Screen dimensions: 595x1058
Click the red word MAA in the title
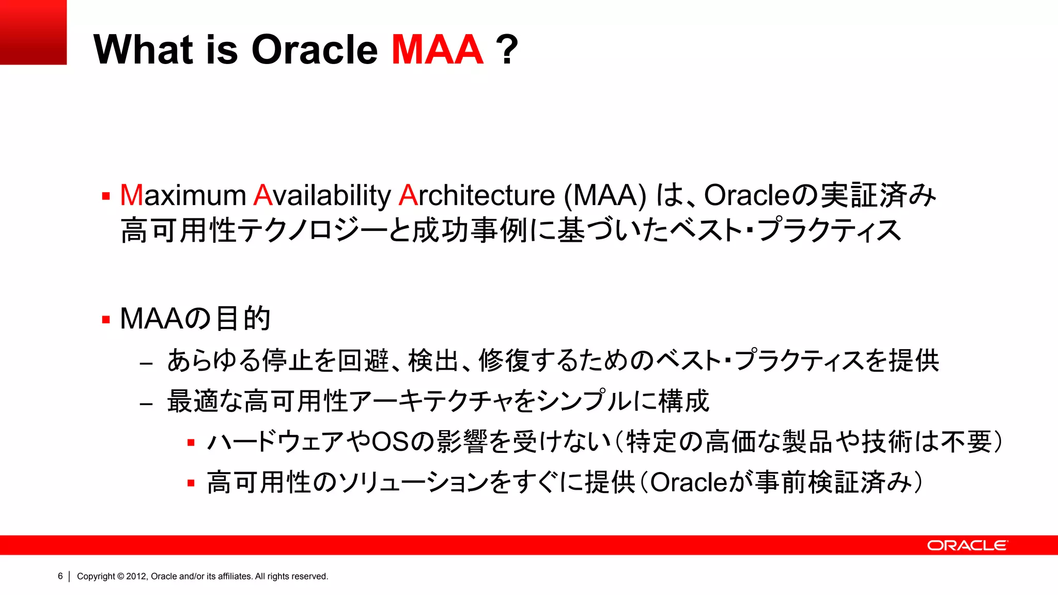point(437,50)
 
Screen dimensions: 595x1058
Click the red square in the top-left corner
point(33,32)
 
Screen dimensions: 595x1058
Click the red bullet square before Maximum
point(106,196)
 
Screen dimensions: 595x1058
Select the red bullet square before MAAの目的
point(106,320)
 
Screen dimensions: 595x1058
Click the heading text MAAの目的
point(195,318)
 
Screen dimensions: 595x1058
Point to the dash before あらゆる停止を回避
point(146,364)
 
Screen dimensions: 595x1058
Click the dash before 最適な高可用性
point(146,404)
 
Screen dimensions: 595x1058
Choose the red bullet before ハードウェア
point(191,443)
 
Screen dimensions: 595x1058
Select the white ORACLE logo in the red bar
point(967,545)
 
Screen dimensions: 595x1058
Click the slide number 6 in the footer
point(60,576)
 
